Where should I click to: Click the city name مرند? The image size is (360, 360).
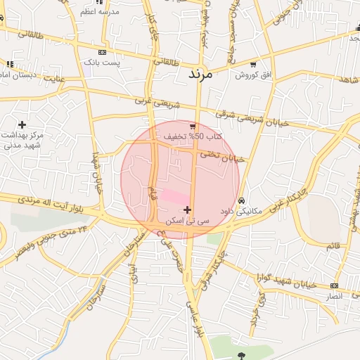[x=205, y=72]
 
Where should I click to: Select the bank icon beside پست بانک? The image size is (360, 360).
[x=103, y=52]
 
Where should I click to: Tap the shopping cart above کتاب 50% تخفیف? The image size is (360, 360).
[x=192, y=126]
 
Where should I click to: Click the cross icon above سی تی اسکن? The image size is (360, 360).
[x=186, y=210]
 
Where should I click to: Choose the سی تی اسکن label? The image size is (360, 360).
[x=187, y=220]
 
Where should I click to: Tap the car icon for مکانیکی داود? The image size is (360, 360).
[x=241, y=200]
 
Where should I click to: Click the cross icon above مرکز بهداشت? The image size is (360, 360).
[x=22, y=124]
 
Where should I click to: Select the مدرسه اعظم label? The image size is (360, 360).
[x=98, y=12]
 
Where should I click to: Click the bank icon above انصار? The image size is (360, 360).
[x=334, y=285]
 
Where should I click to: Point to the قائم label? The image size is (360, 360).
[x=335, y=245]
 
